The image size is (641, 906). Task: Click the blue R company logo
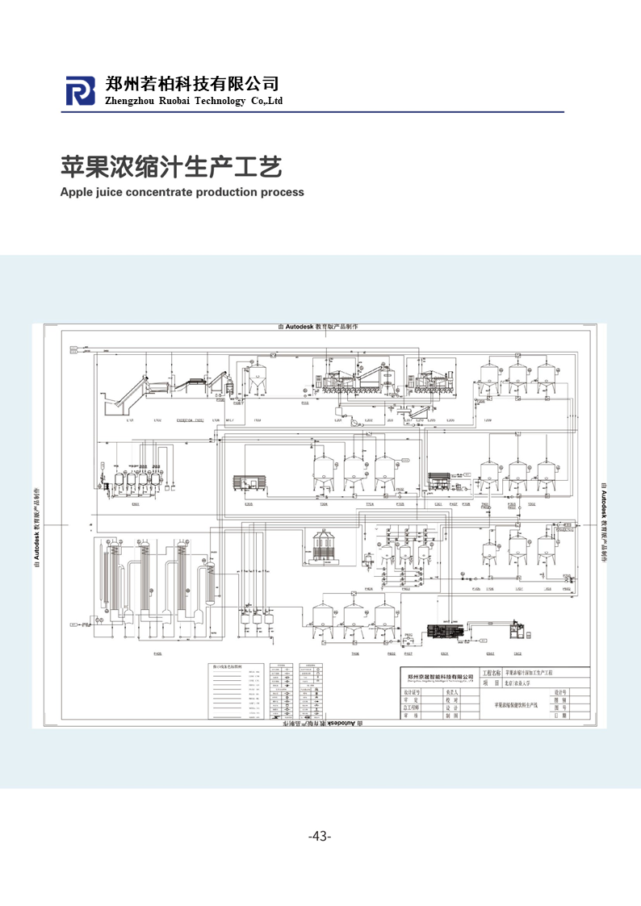pos(80,91)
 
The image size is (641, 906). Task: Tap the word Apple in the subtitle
pos(78,192)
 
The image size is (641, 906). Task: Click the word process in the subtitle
pos(283,192)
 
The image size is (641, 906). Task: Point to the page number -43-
pos(320,836)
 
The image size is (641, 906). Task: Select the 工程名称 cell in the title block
pos(491,672)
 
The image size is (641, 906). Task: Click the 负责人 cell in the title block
pos(452,692)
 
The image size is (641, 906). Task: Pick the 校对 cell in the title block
pos(452,700)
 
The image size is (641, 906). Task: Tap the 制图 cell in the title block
pos(452,716)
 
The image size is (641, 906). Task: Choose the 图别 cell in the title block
pos(559,700)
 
